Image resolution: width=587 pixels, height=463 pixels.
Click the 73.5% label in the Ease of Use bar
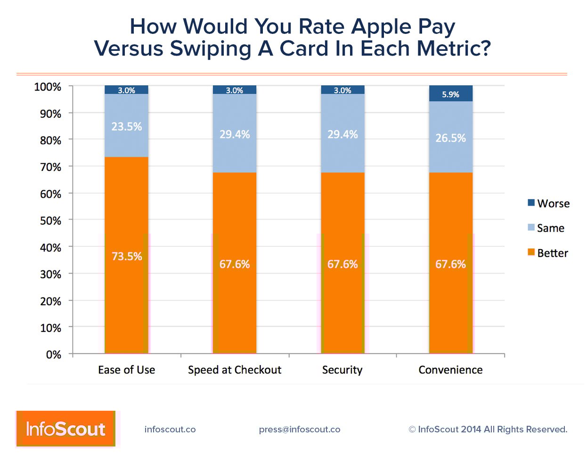pyautogui.click(x=127, y=256)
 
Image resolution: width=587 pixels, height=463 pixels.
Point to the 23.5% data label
pyautogui.click(x=127, y=127)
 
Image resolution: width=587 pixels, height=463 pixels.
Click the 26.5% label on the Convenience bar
pyautogui.click(x=450, y=138)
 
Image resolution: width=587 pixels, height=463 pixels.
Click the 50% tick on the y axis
pyautogui.click(x=50, y=220)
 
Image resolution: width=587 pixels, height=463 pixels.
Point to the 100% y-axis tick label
pyautogui.click(x=48, y=87)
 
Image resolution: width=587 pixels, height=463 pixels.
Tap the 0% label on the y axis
pyautogui.click(x=54, y=355)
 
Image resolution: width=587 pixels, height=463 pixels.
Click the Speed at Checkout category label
pyautogui.click(x=235, y=370)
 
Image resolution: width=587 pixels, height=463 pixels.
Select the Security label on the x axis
pyautogui.click(x=342, y=370)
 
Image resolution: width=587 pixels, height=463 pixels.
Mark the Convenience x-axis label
pyautogui.click(x=450, y=370)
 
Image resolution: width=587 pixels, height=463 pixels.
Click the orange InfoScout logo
pyautogui.click(x=65, y=429)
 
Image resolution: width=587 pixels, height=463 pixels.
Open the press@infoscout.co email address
pyautogui.click(x=300, y=430)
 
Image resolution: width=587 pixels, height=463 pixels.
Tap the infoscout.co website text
pyautogui.click(x=170, y=430)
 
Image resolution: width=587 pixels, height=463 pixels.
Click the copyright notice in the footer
pyautogui.click(x=488, y=430)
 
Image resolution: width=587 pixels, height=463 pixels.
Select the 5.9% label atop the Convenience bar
pyautogui.click(x=450, y=95)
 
